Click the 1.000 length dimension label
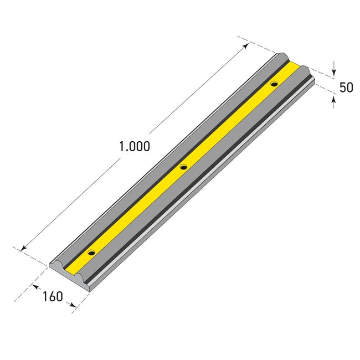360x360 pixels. [135, 147]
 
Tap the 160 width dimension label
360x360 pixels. [53, 296]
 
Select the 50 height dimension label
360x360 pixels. [346, 87]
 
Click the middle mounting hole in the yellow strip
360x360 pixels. [183, 166]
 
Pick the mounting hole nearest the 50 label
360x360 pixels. [274, 84]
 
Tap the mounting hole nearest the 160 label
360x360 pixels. [91, 253]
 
